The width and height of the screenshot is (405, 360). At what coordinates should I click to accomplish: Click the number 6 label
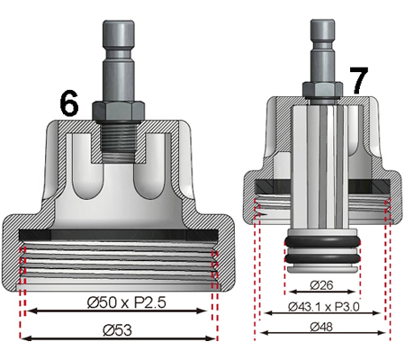point(68,103)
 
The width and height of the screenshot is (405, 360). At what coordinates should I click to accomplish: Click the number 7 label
point(358,81)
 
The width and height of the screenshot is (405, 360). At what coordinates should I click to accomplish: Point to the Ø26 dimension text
point(323,284)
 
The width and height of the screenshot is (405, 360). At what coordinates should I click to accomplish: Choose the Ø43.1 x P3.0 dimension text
point(323,306)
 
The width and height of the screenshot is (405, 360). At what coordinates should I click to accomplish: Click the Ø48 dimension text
point(323,327)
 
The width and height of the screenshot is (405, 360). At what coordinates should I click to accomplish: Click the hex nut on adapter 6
point(117,108)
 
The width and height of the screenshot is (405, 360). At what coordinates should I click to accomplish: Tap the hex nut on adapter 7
point(322,87)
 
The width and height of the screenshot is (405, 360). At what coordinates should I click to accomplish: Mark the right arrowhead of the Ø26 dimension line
point(358,293)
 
